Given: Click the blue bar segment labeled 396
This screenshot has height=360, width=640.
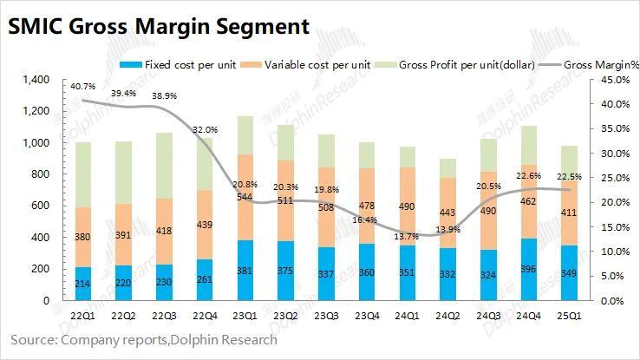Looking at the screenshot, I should [528, 269].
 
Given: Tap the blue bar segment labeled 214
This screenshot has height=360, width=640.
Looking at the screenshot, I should [82, 284].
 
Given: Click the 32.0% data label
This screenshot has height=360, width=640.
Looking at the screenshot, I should [204, 129].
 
